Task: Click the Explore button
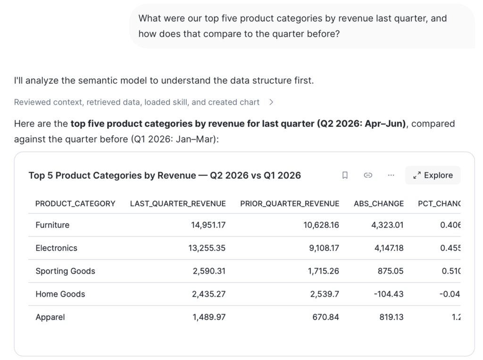433,175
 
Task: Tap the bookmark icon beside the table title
345,175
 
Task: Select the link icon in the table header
368,175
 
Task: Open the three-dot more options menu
391,175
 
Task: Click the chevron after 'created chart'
271,102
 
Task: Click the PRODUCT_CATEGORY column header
75,204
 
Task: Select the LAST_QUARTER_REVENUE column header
178,204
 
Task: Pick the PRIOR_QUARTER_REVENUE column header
290,204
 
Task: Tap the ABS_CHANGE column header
379,204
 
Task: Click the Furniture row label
52,225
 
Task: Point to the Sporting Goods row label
65,271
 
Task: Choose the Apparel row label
50,317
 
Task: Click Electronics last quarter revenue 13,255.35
207,248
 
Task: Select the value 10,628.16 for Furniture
321,225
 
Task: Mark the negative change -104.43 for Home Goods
389,294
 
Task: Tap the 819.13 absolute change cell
391,317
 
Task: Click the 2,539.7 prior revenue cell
325,294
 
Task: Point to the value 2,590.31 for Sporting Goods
209,271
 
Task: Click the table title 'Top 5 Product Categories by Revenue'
112,176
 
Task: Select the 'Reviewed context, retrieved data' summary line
137,102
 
